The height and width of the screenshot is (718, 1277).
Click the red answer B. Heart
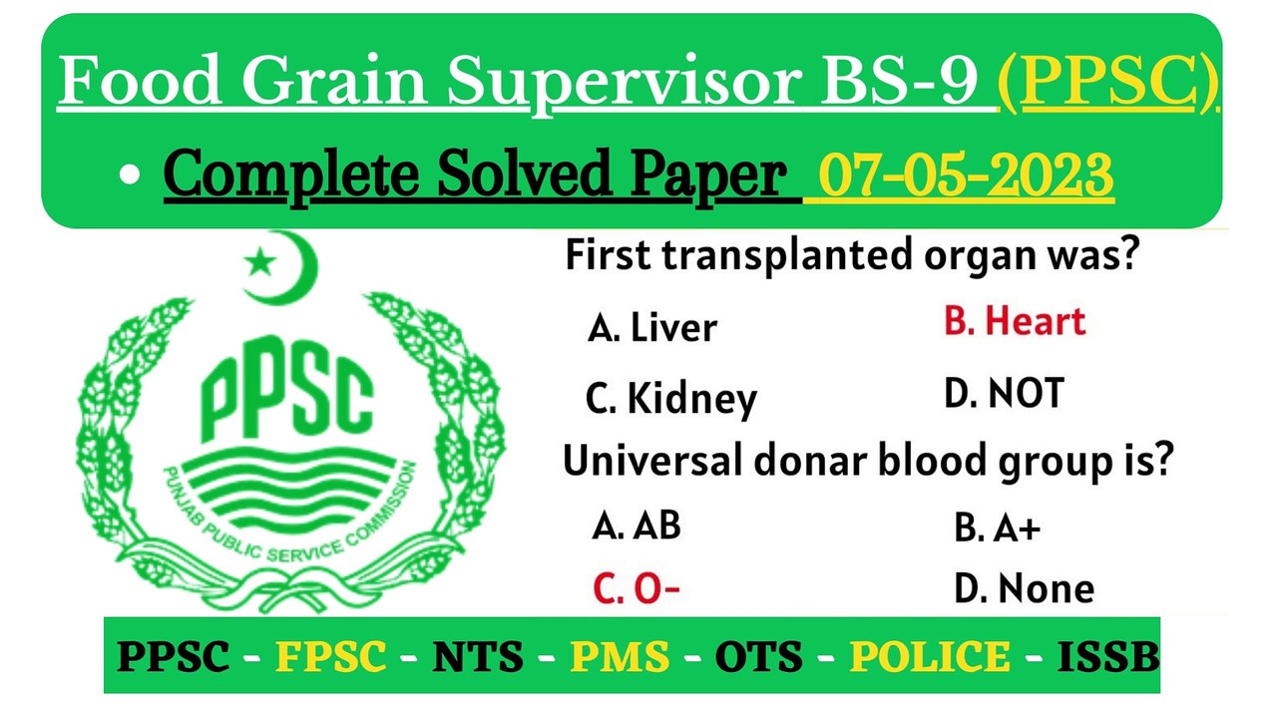pos(1014,322)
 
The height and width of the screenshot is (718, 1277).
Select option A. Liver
pos(652,328)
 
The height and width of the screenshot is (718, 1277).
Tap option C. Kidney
pos(671,399)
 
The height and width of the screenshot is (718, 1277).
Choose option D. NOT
pos(1004,394)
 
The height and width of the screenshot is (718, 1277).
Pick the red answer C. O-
pos(637,588)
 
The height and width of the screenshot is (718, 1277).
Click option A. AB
pos(637,525)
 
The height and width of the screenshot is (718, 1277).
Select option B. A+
pos(998,529)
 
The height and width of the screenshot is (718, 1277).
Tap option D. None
pos(1024,588)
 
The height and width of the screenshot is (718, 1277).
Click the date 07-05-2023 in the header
pos(965,177)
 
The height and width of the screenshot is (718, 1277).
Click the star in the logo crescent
pos(261,263)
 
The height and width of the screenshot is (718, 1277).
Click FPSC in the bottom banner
pos(331,656)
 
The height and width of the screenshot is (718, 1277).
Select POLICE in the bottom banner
pos(930,656)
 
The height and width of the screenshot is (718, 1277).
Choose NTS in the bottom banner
pos(477,656)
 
